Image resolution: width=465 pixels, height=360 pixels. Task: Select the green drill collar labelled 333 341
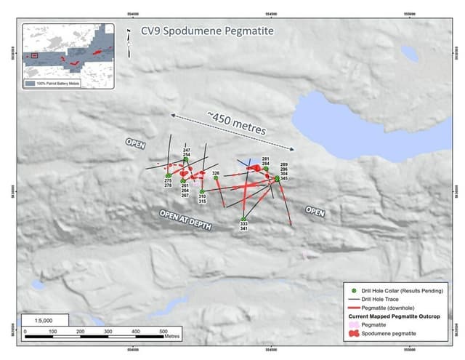pos(243,220)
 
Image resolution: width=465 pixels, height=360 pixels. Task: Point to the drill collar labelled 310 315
pos(202,191)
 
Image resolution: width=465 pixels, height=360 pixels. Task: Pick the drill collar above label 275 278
pos(168,175)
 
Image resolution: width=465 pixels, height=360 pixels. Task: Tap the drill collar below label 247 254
pos(186,160)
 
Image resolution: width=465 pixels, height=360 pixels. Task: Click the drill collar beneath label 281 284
pos(266,169)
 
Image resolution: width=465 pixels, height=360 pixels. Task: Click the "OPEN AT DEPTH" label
pos(186,220)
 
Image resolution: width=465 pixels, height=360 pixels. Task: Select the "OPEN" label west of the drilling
pos(136,143)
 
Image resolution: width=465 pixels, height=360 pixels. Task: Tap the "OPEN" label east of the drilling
pos(315,212)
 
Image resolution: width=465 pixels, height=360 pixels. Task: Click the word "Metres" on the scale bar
pos(171,337)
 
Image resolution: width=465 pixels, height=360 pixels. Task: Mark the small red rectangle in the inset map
pos(34,55)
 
